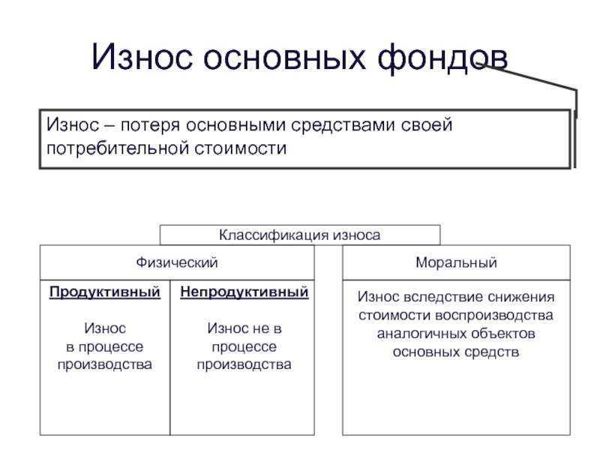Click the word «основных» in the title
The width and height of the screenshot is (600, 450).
point(284,58)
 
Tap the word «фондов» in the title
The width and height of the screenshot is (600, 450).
point(442,58)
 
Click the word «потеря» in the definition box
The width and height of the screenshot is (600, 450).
point(150,126)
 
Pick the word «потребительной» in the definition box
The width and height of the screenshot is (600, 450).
point(118,148)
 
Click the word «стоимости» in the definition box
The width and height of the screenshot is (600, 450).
point(240,148)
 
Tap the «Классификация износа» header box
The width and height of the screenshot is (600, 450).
point(299,235)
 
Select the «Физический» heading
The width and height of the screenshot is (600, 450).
point(177,262)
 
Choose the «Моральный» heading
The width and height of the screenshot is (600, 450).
point(456,262)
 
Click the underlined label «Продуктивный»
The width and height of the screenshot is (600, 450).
point(105,292)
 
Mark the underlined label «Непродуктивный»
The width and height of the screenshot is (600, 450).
point(244,292)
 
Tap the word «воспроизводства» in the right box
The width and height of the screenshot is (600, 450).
point(494,316)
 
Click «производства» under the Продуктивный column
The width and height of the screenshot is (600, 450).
point(104,364)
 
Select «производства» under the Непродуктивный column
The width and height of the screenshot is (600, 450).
point(244,364)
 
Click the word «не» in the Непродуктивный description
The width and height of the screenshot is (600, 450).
point(261,328)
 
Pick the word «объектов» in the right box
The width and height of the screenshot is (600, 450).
point(502,334)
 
